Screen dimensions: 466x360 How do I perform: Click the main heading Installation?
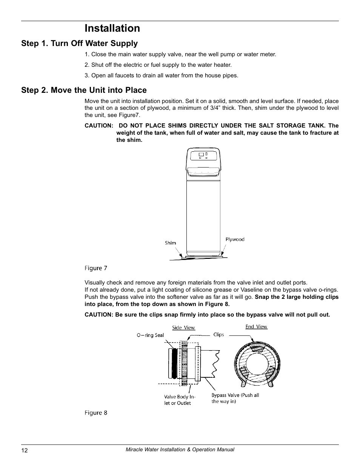pos(112,28)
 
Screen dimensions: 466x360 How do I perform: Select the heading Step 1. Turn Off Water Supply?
pos(79,43)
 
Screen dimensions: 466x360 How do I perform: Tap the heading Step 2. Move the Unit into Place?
pos(84,90)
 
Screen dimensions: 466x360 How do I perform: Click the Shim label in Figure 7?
pos(170,243)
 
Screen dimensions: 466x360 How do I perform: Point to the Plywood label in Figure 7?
pos(235,239)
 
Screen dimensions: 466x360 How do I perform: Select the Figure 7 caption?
pos(96,268)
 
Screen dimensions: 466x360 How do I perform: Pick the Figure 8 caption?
pos(96,413)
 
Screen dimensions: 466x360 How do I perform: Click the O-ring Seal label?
pos(150,335)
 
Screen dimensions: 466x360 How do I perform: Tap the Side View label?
pos(183,328)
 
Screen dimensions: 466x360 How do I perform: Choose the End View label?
pos(256,327)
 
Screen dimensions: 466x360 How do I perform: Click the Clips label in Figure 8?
pos(218,334)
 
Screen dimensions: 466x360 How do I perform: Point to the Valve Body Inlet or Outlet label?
pos(179,400)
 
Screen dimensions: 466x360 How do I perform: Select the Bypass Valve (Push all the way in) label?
pos(235,398)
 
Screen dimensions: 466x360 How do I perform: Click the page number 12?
pos(25,450)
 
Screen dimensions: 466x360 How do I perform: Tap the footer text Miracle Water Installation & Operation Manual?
pos(180,450)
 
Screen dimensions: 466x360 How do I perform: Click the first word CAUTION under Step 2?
pos(98,126)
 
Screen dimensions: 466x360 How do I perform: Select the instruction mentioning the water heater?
pos(158,65)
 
